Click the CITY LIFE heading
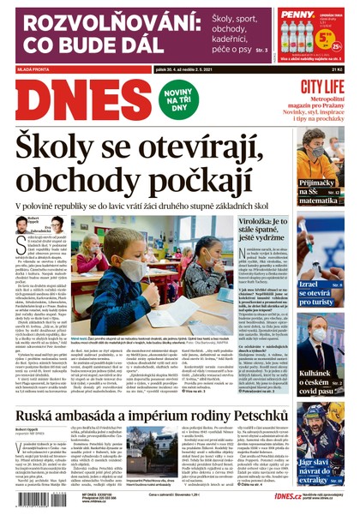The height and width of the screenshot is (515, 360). pos(322,87)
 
